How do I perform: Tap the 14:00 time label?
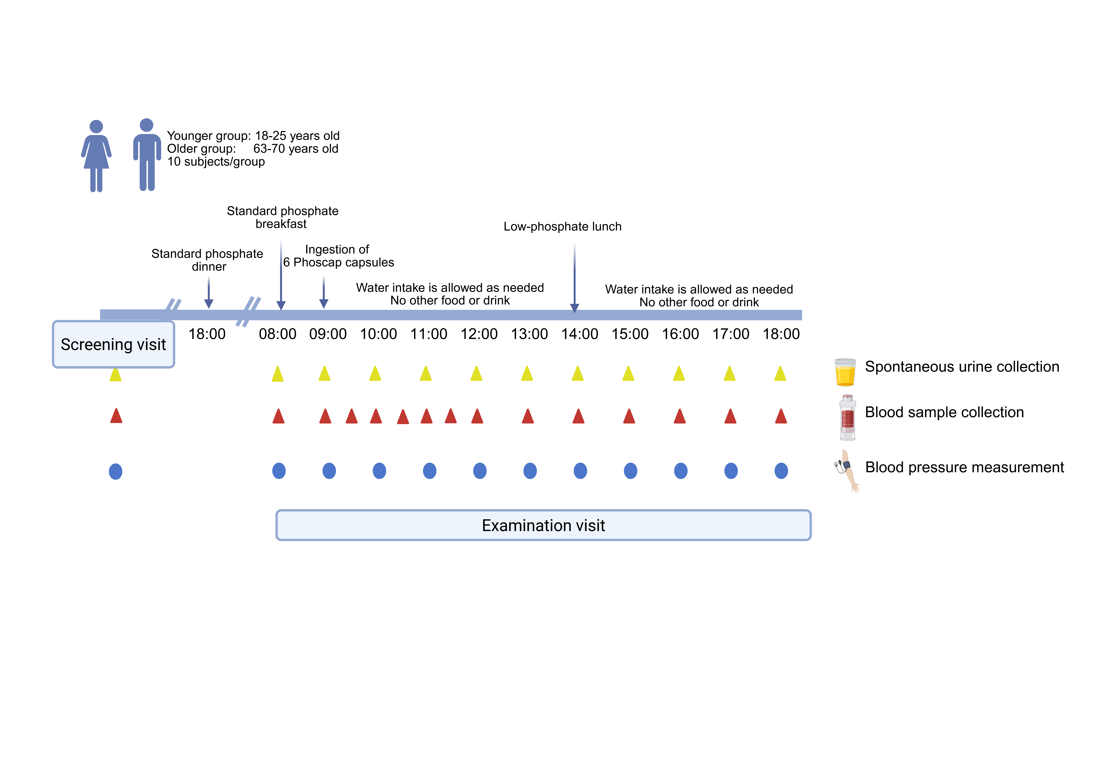tap(580, 334)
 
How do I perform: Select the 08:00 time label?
tap(278, 334)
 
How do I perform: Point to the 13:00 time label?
tap(529, 334)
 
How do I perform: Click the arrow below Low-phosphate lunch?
tap(575, 278)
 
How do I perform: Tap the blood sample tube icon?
tap(848, 417)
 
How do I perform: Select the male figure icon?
tap(147, 155)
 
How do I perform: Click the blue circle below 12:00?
tap(480, 471)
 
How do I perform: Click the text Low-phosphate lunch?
tap(562, 226)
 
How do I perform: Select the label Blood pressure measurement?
tap(964, 467)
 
